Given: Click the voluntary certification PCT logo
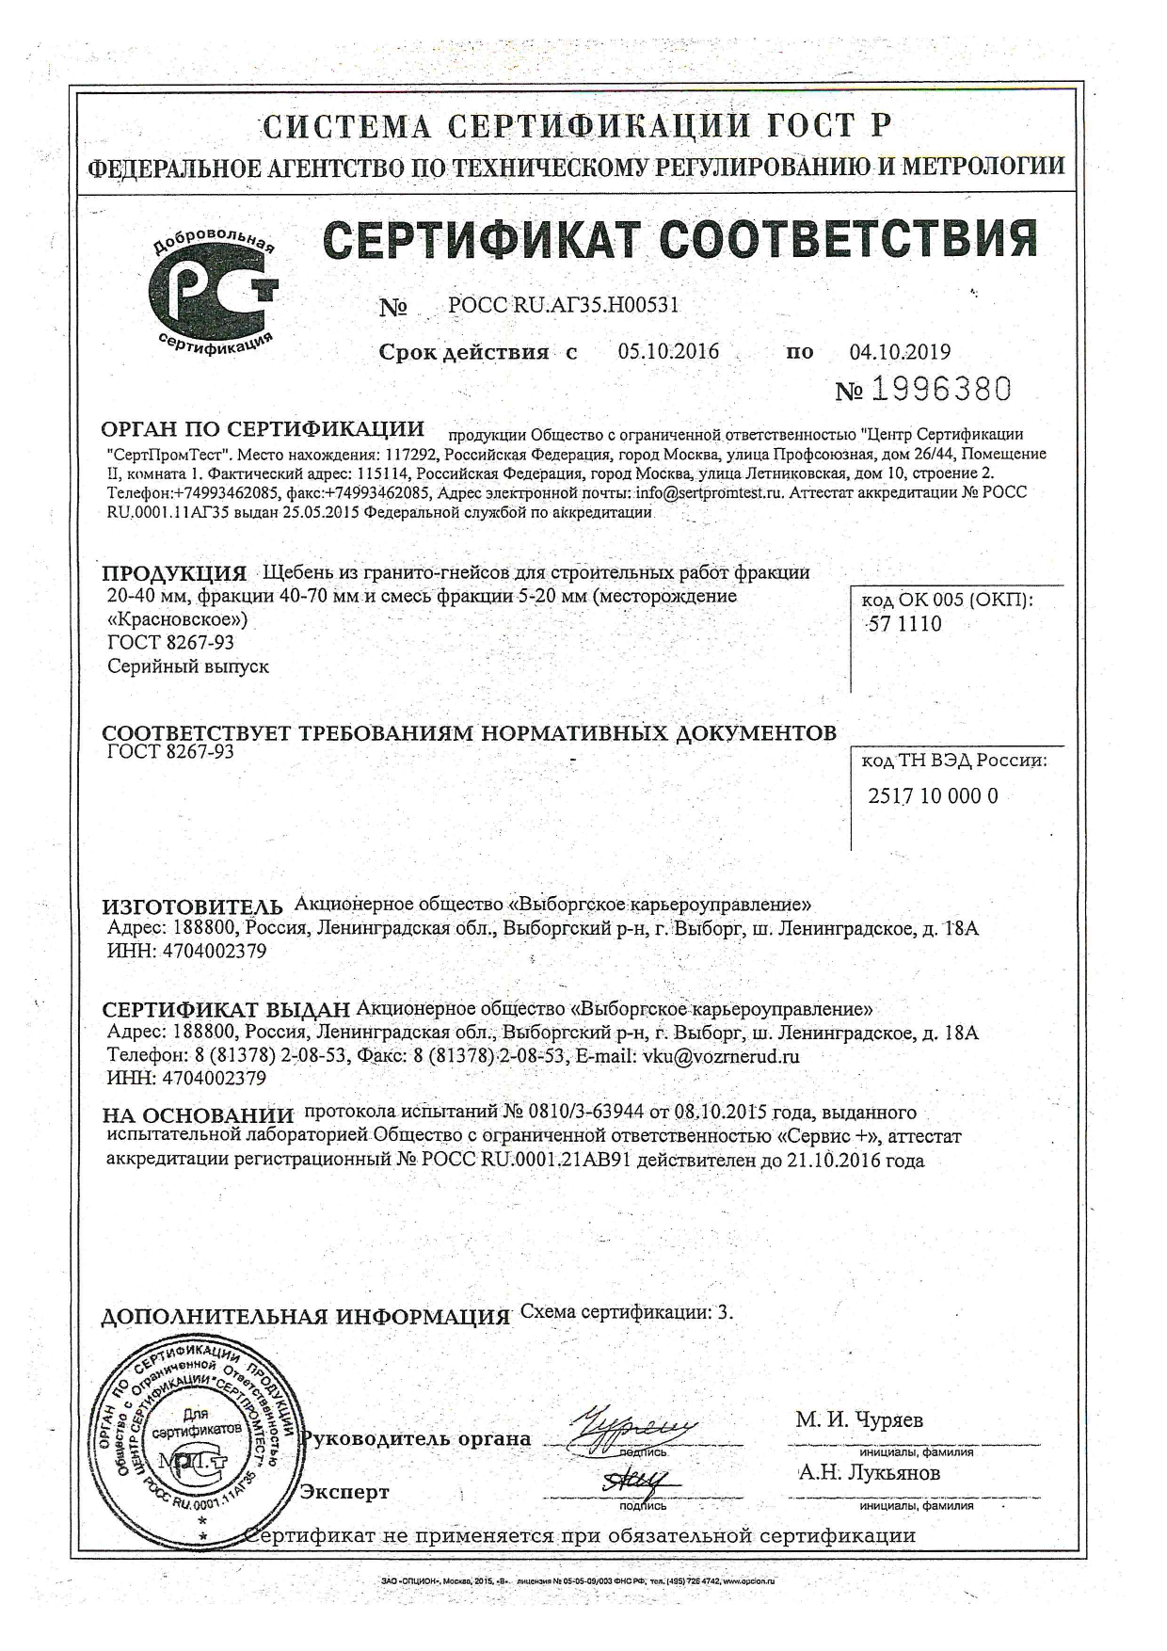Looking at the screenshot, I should (215, 293).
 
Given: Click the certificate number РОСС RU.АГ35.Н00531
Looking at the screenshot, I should (563, 305).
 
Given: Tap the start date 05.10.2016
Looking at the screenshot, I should (668, 352).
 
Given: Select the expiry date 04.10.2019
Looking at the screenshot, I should (900, 352).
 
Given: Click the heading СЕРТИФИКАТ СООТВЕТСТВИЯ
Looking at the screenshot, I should (681, 239).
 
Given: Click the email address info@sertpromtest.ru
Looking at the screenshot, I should (710, 492).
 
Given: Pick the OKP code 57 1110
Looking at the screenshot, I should (904, 624).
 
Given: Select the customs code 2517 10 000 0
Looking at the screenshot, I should (932, 796).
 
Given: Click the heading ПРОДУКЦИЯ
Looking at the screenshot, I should (174, 574).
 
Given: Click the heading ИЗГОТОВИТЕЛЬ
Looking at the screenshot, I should (192, 906).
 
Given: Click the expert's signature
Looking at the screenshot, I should (632, 1484).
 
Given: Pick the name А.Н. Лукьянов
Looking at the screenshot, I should (868, 1473).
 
